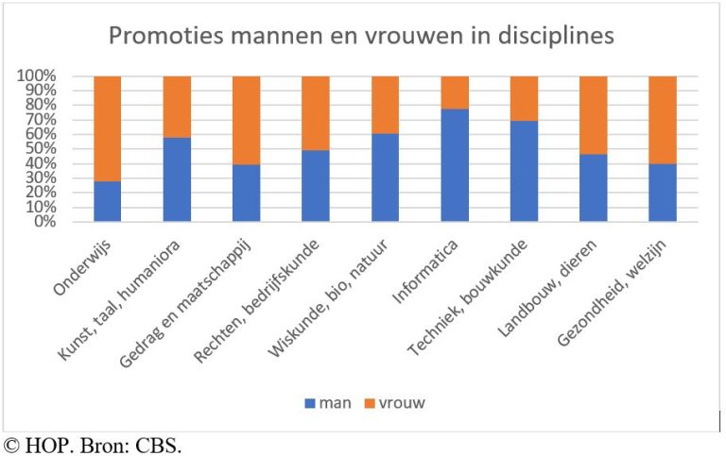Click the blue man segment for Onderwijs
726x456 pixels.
click(108, 201)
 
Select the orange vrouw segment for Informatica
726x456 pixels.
click(455, 92)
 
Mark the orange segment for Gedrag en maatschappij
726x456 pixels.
click(247, 120)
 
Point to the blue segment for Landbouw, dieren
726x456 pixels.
click(594, 187)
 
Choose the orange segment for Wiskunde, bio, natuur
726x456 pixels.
click(385, 104)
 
